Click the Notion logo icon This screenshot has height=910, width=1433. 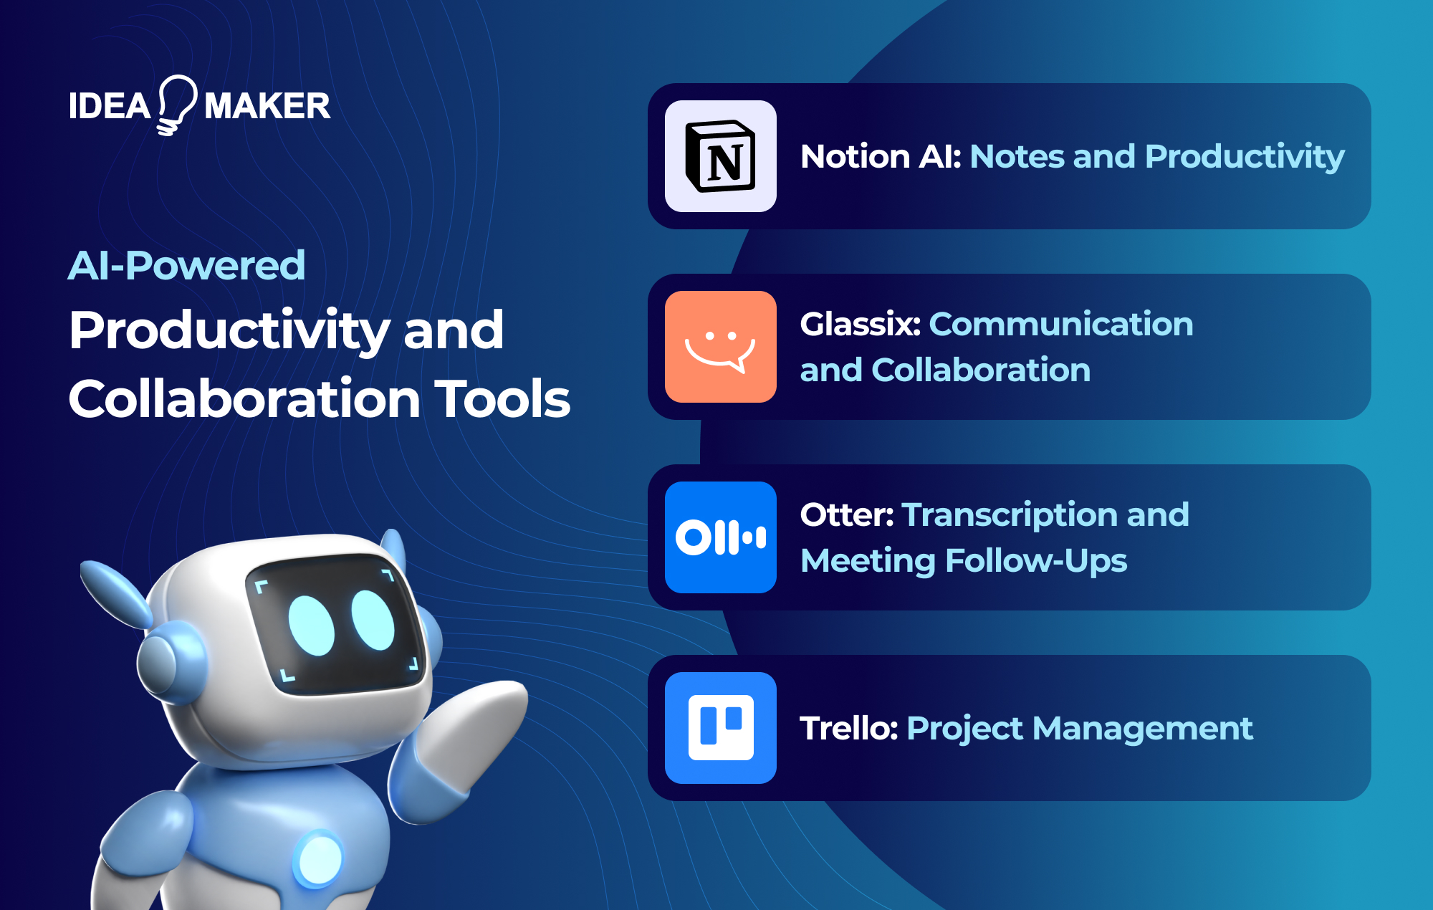[720, 156]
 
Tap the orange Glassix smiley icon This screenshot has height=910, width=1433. [720, 347]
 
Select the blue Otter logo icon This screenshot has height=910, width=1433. [720, 537]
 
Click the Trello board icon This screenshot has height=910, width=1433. [720, 728]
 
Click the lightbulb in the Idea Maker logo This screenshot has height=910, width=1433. [176, 104]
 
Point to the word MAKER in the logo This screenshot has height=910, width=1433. [267, 107]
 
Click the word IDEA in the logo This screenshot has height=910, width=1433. [110, 107]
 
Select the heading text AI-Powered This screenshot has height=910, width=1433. [187, 266]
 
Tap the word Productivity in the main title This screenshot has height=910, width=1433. [230, 331]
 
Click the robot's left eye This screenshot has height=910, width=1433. [311, 625]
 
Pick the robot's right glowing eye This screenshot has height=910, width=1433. [373, 620]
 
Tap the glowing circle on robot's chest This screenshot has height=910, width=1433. [320, 858]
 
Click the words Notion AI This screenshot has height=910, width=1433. [881, 157]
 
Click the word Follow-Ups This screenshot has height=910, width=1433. [1036, 561]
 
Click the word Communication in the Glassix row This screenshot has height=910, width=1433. [1061, 325]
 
